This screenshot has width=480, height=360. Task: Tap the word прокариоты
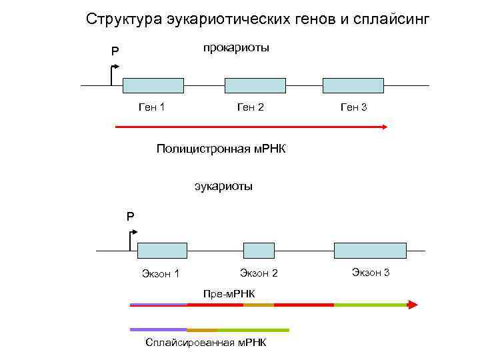point(235,49)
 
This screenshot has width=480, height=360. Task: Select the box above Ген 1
point(153,85)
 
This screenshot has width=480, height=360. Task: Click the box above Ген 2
point(255,85)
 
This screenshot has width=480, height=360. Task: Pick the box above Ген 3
point(353,85)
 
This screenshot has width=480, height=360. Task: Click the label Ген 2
point(251,107)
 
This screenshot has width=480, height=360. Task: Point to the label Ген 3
point(353,107)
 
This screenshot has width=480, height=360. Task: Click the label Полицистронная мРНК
point(221,148)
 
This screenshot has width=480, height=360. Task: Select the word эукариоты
point(223,186)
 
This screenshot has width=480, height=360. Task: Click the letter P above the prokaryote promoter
point(115,51)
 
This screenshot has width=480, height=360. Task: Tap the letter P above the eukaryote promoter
point(131,216)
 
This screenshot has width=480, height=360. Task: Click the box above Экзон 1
point(162,250)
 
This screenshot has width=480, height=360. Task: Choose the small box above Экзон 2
point(259,250)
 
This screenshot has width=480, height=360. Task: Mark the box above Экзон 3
point(370,250)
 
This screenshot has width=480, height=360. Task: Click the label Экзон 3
point(371,272)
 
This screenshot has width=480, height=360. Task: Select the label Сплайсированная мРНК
point(205,343)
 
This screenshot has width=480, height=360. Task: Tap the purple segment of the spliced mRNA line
point(158,329)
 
